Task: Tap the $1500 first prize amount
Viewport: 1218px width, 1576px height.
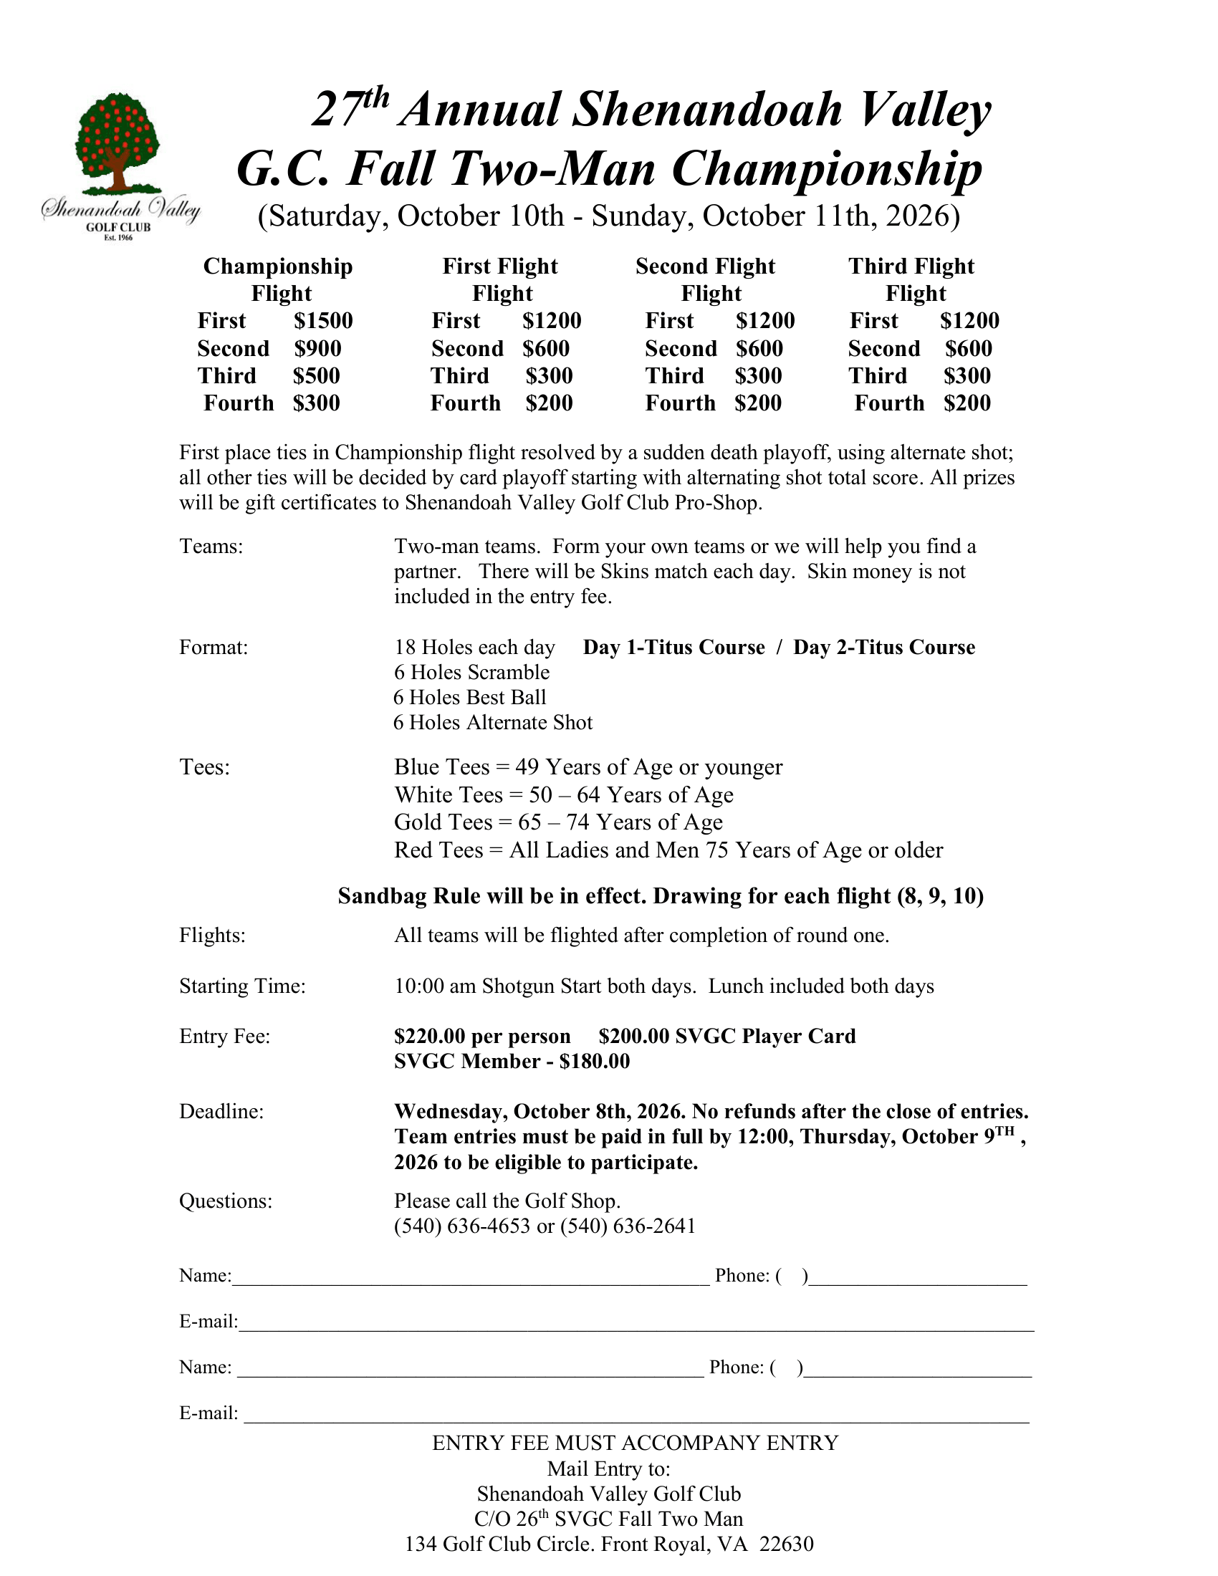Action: (322, 321)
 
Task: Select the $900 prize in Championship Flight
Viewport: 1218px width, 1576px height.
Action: (317, 349)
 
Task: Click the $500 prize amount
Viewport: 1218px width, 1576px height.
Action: (316, 376)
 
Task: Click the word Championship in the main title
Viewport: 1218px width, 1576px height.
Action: (826, 170)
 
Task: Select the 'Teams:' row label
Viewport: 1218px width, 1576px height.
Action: (211, 547)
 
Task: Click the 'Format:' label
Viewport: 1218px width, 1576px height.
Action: (213, 648)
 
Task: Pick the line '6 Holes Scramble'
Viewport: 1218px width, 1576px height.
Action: (471, 673)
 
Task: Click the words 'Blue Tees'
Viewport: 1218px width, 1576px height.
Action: (441, 767)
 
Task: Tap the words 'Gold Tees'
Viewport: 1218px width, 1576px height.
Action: (443, 822)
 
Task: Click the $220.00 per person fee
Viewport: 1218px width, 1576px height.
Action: (482, 1037)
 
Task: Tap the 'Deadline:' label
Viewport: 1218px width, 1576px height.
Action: (221, 1111)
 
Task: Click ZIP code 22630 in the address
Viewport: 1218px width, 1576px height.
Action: (786, 1544)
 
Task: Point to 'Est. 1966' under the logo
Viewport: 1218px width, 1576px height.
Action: (118, 237)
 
